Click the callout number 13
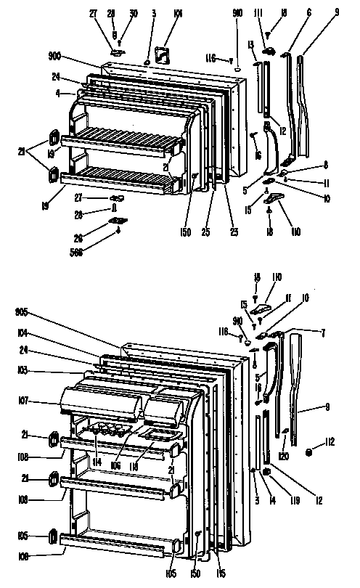tap(251, 46)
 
